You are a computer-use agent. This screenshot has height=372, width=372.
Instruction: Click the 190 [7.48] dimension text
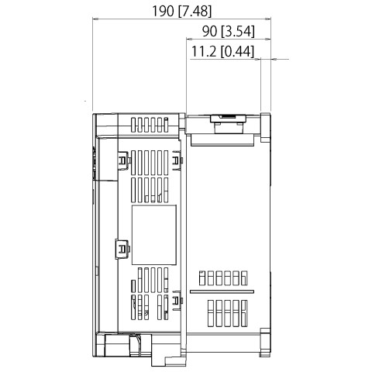pos(181,12)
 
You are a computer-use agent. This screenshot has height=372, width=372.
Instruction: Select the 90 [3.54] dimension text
pos(229,32)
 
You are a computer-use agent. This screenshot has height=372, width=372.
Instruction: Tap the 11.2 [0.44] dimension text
pos(222,51)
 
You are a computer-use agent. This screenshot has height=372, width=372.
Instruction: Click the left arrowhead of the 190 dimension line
pos(95,19)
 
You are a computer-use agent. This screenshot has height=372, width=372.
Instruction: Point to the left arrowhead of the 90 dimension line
pos(189,40)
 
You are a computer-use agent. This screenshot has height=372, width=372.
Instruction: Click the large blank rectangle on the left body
pos(154,235)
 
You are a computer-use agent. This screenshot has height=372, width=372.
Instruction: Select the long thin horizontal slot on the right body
pos(222,291)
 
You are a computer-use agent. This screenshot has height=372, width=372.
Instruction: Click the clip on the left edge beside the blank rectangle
pos(122,249)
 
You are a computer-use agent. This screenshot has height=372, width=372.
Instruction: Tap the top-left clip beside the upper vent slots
pos(123,160)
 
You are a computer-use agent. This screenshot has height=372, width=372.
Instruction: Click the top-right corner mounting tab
pos(265,127)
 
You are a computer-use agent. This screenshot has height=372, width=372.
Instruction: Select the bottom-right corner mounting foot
pos(265,343)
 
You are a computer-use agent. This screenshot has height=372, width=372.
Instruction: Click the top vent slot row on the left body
pos(150,125)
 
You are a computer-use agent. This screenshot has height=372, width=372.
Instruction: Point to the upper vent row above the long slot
pos(223,278)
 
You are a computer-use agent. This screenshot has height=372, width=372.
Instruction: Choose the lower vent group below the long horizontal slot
pos(227,313)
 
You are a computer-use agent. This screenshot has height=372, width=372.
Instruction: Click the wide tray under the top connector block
pos(222,140)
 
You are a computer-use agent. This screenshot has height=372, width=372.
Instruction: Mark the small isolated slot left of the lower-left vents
pos(133,286)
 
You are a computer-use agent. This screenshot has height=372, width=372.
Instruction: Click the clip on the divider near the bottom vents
pos(177,301)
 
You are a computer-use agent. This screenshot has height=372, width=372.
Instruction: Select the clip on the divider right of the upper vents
pos(177,160)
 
